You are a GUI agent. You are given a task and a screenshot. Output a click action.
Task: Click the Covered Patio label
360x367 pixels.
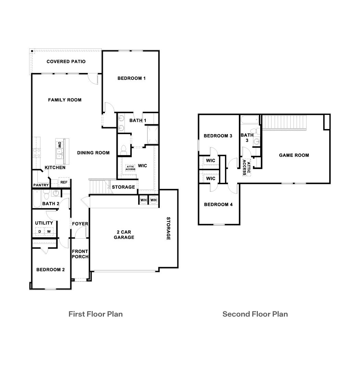(x=66, y=62)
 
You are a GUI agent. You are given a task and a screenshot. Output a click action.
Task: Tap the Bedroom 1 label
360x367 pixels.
(x=131, y=78)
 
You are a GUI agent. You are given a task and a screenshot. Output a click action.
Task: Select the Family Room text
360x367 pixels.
(x=64, y=100)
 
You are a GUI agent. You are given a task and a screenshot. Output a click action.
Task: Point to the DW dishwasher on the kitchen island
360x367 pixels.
(x=59, y=145)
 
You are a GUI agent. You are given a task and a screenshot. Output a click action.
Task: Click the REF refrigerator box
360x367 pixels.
(x=64, y=182)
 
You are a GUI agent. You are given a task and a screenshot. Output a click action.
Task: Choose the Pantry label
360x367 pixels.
(x=41, y=185)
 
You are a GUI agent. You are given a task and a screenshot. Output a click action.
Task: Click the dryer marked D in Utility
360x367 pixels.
(x=40, y=232)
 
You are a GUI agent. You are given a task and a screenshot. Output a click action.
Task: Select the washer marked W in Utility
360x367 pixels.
(x=49, y=232)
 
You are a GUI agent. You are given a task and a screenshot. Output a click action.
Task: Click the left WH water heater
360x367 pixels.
(x=143, y=200)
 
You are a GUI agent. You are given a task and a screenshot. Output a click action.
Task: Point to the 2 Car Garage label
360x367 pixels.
(x=124, y=235)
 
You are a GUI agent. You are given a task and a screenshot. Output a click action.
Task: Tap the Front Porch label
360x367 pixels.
(x=80, y=254)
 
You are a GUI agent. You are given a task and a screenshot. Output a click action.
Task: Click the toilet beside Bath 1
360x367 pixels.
(x=124, y=150)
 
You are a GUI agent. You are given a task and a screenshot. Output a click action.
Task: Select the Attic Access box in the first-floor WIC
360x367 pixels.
(x=130, y=168)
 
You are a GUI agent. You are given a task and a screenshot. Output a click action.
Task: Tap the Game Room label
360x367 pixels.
(x=294, y=155)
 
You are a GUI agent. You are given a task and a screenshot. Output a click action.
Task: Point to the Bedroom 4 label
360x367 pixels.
(x=218, y=204)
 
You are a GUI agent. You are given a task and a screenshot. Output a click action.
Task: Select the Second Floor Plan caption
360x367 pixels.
(x=255, y=314)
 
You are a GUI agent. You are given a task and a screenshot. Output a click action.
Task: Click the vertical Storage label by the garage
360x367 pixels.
(x=168, y=228)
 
